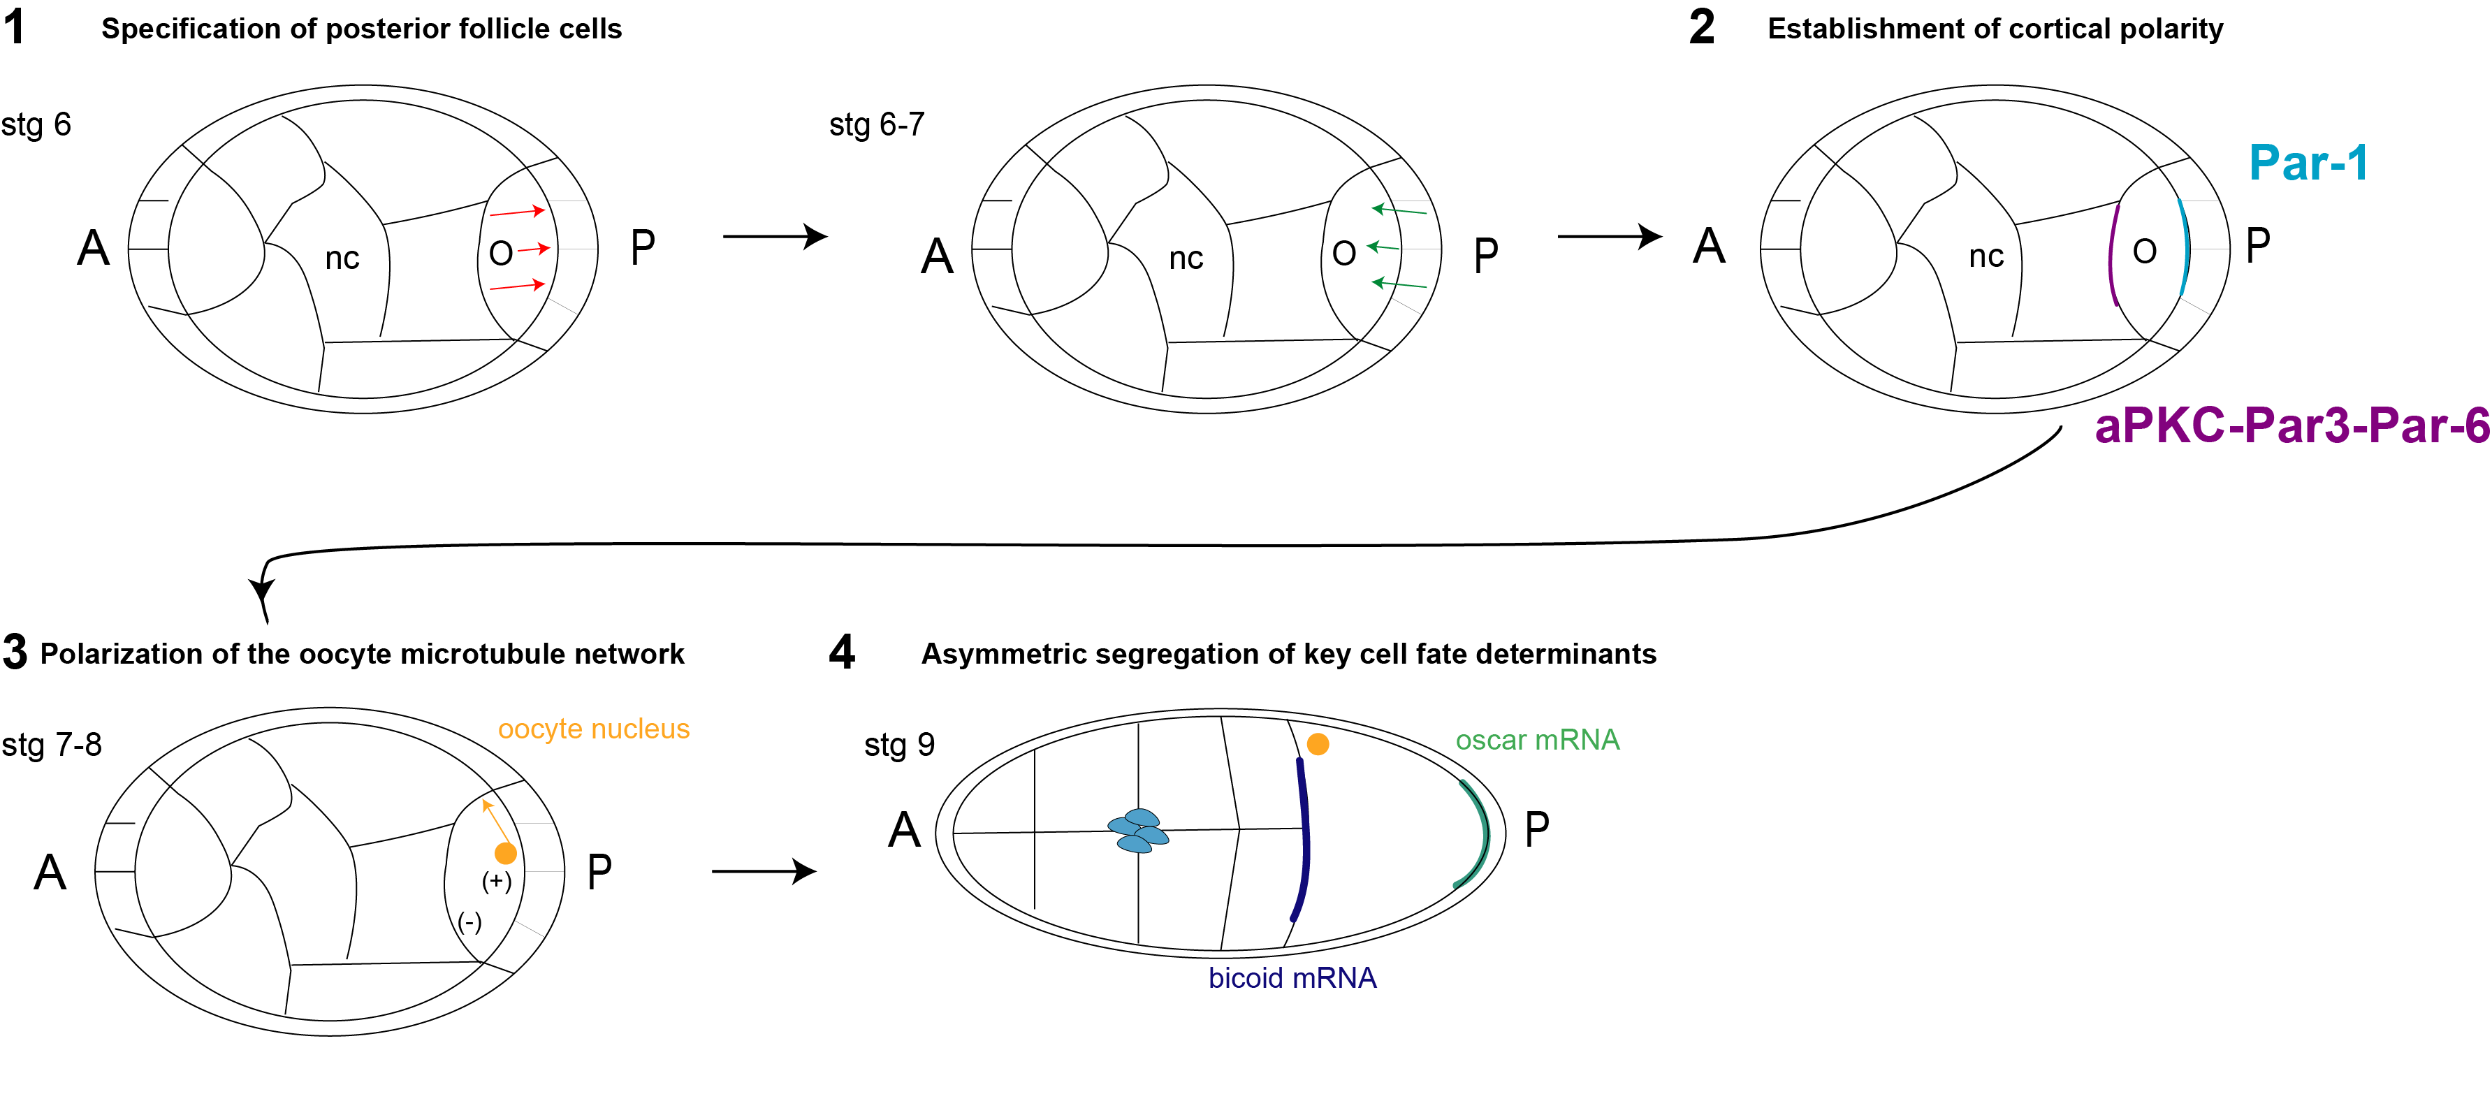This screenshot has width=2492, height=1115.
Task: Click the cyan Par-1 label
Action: (2308, 163)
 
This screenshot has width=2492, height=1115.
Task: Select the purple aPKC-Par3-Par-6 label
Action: (2291, 425)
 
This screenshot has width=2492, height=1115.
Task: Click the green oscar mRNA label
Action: (1536, 740)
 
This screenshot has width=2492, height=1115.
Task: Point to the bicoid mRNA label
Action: (1292, 977)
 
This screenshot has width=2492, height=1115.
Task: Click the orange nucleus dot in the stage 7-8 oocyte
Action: (505, 853)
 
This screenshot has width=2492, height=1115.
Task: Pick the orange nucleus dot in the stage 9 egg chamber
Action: (1318, 743)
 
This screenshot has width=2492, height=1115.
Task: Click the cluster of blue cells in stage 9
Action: (1139, 831)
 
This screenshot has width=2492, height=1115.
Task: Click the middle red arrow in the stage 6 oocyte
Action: (533, 249)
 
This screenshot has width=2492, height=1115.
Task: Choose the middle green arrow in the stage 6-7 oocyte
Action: (1383, 247)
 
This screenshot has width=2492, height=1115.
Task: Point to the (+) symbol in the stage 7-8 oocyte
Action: (496, 881)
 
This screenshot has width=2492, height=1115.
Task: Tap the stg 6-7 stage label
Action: (877, 125)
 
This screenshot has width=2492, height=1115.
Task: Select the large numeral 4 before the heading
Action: (842, 653)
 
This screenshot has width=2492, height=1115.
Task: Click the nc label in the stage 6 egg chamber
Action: (342, 258)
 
